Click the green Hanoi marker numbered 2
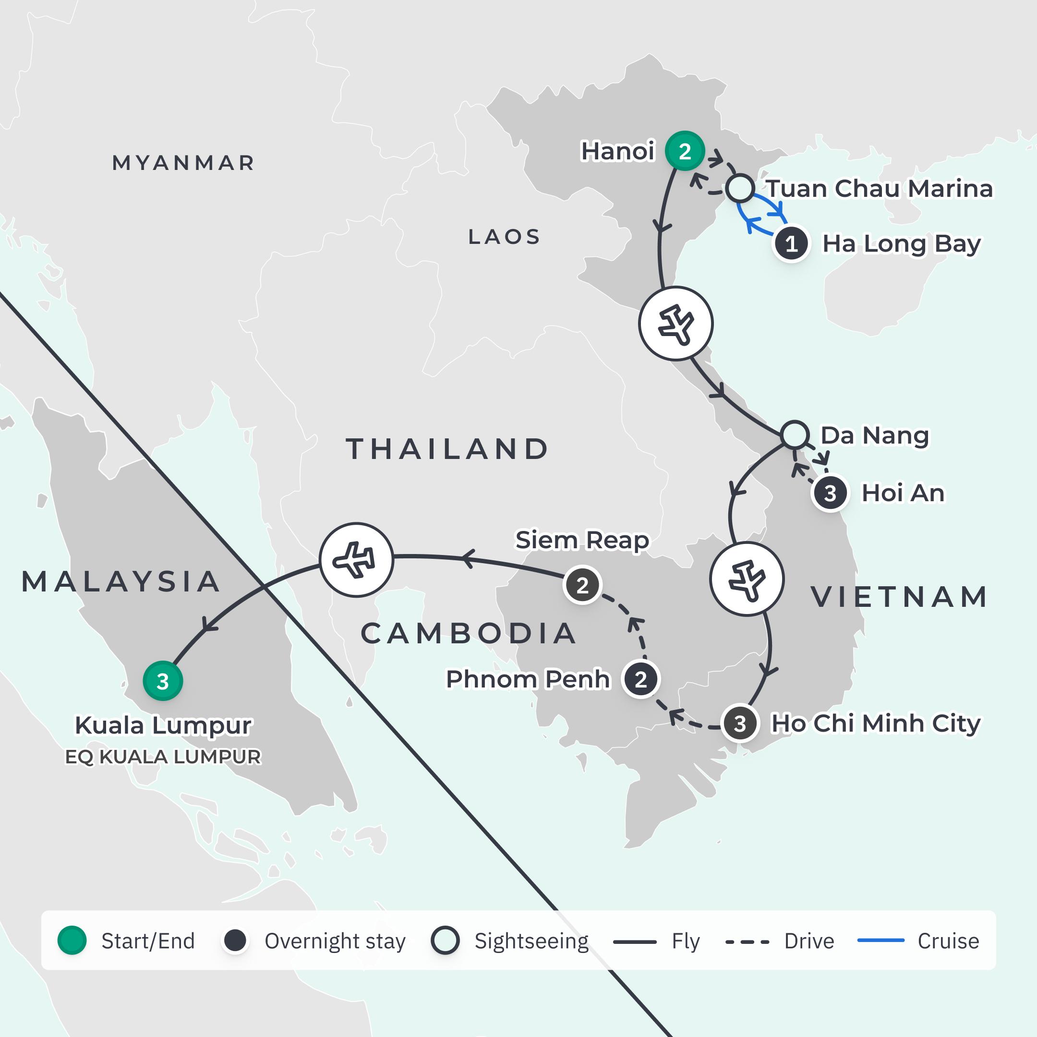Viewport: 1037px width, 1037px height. pos(684,151)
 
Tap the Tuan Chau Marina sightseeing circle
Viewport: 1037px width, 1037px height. pos(740,188)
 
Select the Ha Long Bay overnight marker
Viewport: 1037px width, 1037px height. pos(791,244)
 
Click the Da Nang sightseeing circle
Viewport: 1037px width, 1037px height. pos(795,435)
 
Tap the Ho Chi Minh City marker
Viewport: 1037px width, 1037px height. pos(740,723)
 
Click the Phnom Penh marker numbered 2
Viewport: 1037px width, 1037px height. pos(640,679)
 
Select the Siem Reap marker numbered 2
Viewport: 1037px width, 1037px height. pos(582,585)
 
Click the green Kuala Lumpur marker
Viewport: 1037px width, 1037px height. pos(163,681)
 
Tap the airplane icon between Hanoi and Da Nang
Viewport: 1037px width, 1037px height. pos(676,324)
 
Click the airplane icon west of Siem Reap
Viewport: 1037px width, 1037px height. pos(356,560)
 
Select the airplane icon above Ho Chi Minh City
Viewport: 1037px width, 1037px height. pos(747,579)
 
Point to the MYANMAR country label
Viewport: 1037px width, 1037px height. pos(183,163)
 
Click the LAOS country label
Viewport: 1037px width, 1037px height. pos(504,237)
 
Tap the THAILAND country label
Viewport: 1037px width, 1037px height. pos(447,449)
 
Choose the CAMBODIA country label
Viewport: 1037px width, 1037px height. pos(469,633)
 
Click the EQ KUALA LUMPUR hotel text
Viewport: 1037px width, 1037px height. pos(163,756)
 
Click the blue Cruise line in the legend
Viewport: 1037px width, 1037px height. pos(881,941)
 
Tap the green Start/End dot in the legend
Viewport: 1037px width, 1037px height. pos(72,941)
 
